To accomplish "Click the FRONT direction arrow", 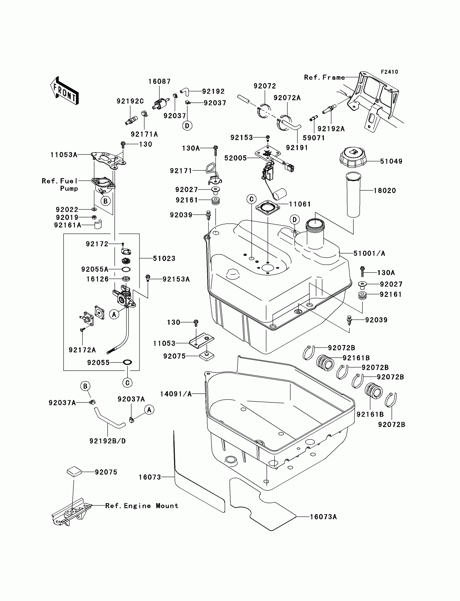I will (65, 91).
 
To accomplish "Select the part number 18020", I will (385, 191).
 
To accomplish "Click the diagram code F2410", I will (389, 72).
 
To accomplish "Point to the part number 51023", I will (164, 258).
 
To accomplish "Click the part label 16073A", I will (323, 517).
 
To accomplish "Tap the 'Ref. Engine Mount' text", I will (142, 506).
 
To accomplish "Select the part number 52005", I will (235, 158).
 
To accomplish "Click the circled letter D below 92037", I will (187, 126).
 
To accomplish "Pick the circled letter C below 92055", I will (127, 383).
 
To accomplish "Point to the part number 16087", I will (159, 82).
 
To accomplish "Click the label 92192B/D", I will (108, 441).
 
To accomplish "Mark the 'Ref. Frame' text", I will (324, 78).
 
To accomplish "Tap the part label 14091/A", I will (176, 394).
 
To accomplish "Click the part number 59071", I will (314, 138).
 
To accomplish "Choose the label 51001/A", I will (369, 254).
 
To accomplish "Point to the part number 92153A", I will (176, 279).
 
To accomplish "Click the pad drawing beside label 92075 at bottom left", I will (74, 471).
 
